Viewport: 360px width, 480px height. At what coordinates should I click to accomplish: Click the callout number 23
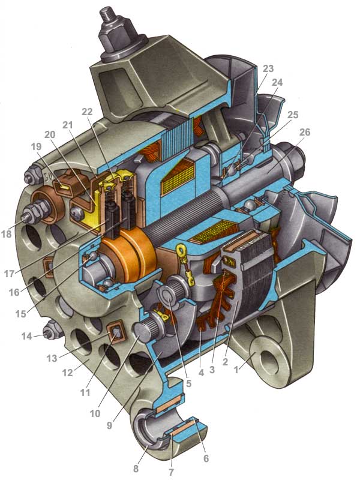click(x=268, y=69)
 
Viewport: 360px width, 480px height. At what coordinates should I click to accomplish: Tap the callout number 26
click(x=305, y=132)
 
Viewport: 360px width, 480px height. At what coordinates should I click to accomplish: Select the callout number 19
click(x=36, y=146)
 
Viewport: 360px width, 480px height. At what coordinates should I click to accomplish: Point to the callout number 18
click(x=6, y=234)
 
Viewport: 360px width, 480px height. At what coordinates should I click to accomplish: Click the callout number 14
click(x=27, y=337)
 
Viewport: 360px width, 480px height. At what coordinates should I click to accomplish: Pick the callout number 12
click(x=67, y=372)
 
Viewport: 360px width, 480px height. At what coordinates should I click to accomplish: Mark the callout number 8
click(x=136, y=469)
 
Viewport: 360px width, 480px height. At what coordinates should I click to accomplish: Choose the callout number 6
click(x=206, y=458)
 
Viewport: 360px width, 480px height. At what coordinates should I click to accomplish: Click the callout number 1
click(x=236, y=370)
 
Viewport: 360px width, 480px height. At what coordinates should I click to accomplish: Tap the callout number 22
click(x=87, y=112)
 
